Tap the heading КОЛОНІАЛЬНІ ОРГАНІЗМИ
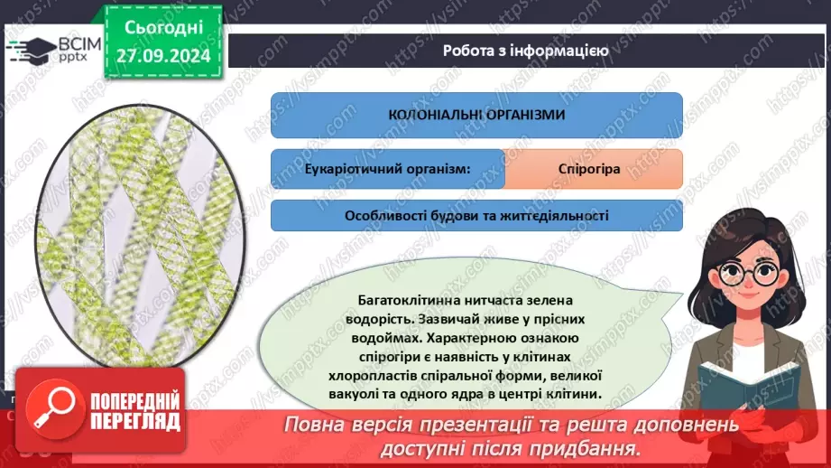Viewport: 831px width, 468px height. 476,115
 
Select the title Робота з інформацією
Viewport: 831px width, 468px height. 525,51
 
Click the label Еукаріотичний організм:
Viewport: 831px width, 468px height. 386,169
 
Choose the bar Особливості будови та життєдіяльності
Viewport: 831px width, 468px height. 476,216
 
